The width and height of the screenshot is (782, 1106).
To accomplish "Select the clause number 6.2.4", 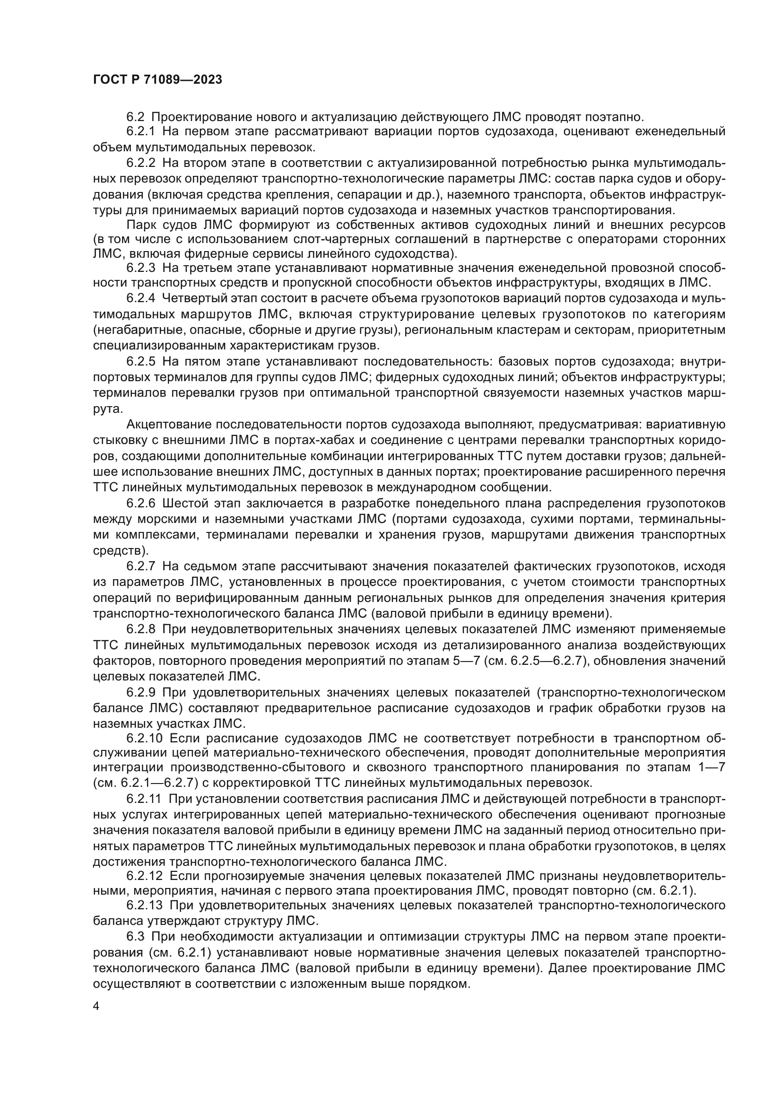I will pyautogui.click(x=140, y=298).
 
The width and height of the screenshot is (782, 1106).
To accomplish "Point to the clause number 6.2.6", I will pyautogui.click(x=140, y=504).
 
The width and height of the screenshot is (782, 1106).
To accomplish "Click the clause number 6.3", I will pyautogui.click(x=135, y=937).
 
